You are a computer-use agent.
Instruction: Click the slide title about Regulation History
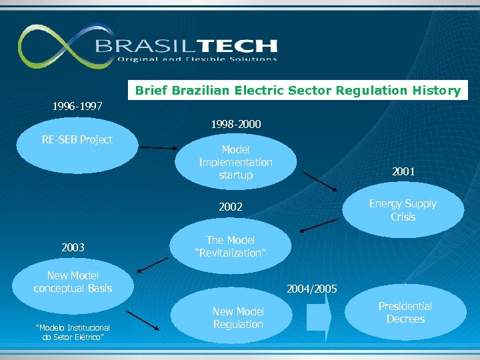[x=297, y=90]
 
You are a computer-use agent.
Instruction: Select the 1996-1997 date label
[x=79, y=106]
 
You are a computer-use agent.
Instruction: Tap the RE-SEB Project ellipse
[x=77, y=144]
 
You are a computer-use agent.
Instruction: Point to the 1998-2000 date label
[x=235, y=124]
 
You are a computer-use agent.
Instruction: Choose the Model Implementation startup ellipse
[x=235, y=163]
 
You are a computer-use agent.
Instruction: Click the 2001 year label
[x=403, y=171]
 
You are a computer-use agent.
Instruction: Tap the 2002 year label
[x=231, y=207]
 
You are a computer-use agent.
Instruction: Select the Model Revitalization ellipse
[x=231, y=247]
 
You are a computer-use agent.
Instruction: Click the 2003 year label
[x=73, y=247]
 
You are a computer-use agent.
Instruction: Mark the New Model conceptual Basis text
[x=73, y=282]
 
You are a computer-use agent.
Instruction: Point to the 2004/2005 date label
[x=311, y=289]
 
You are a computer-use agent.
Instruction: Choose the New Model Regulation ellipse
[x=237, y=318]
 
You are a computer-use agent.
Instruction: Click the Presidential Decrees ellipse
[x=405, y=313]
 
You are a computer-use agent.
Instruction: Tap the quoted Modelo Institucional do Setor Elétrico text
[x=73, y=331]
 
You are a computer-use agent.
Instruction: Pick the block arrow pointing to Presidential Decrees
[x=318, y=317]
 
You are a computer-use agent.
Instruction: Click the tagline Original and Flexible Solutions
[x=197, y=59]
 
